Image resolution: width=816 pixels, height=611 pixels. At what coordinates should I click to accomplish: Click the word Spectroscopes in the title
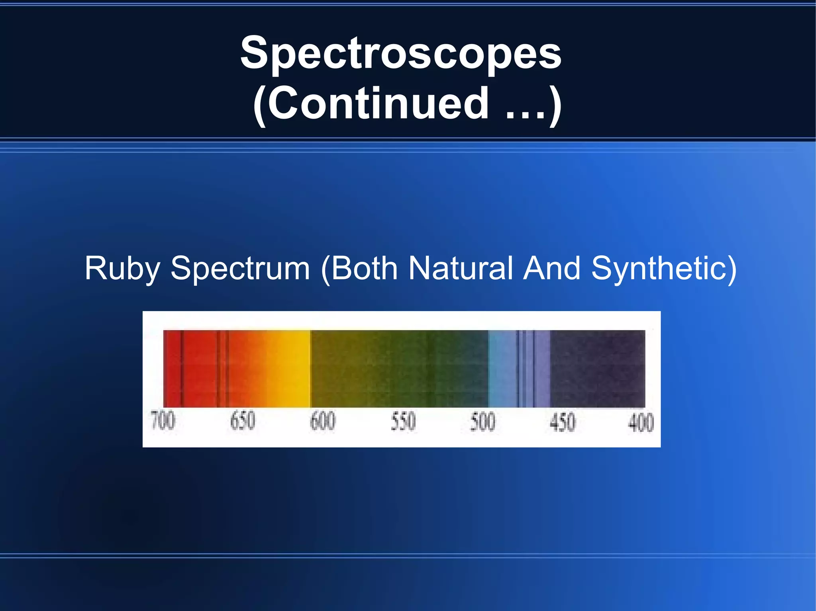[401, 53]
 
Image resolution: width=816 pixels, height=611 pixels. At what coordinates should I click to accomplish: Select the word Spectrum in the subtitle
[240, 269]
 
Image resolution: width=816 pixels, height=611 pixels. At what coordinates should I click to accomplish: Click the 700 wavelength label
[163, 421]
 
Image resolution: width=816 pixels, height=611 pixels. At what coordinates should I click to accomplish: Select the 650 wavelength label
[242, 421]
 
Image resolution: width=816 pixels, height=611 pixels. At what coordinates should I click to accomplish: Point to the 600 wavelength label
[323, 421]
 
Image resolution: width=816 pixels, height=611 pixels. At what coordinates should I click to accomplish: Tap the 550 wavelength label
[403, 422]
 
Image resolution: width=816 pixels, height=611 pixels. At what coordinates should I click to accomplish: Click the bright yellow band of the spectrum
[295, 368]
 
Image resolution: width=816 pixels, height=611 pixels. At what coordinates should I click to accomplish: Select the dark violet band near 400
[598, 368]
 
